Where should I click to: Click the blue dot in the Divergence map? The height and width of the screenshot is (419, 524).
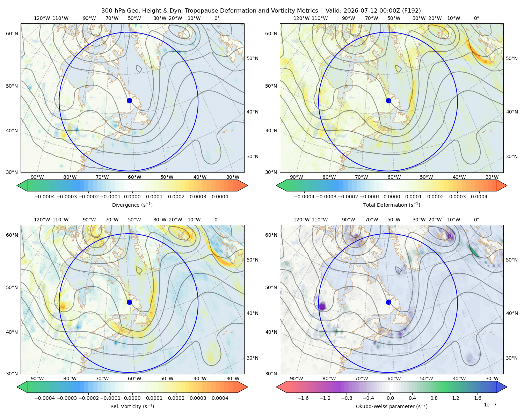click(x=129, y=101)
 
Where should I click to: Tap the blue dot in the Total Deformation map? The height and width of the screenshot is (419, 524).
click(x=388, y=101)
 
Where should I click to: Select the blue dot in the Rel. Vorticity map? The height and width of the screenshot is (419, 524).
click(x=129, y=302)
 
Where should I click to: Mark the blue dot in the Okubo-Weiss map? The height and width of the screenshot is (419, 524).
click(x=388, y=302)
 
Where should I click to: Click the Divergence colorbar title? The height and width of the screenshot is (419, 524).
click(x=132, y=205)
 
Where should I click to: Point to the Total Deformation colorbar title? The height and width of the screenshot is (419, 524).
click(x=392, y=205)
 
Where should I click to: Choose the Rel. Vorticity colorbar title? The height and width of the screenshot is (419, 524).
click(x=132, y=406)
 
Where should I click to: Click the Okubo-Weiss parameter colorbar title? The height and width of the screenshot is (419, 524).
click(x=392, y=406)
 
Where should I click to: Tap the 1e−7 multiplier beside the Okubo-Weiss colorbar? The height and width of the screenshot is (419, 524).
click(x=490, y=405)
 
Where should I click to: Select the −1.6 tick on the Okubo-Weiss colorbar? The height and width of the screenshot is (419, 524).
click(x=303, y=398)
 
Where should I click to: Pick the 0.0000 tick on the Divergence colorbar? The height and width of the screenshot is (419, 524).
click(x=132, y=197)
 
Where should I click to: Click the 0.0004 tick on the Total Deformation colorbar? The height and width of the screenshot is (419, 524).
click(x=479, y=197)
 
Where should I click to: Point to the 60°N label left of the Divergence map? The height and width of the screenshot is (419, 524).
click(x=12, y=34)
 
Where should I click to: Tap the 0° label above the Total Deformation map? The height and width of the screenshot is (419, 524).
click(x=476, y=18)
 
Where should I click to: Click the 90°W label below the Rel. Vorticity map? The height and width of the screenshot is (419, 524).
click(x=37, y=378)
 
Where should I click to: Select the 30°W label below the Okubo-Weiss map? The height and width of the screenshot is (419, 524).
click(x=492, y=378)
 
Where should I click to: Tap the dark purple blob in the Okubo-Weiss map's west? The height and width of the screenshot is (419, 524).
click(x=322, y=306)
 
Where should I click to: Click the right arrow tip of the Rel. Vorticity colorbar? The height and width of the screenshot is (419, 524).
click(x=248, y=387)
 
